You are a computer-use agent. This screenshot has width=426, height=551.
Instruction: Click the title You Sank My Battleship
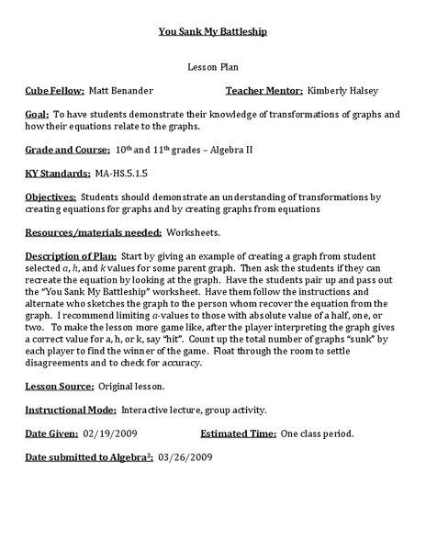(x=212, y=30)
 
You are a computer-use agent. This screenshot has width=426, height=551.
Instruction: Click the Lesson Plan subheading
(x=212, y=68)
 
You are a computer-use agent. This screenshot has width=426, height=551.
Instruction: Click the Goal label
(x=39, y=114)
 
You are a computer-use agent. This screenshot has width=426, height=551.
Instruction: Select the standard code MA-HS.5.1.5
(x=121, y=173)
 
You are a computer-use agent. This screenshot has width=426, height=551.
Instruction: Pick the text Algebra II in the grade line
(x=227, y=149)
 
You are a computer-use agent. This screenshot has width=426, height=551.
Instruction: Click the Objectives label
(x=50, y=197)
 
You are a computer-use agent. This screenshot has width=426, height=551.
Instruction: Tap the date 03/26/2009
(x=185, y=455)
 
